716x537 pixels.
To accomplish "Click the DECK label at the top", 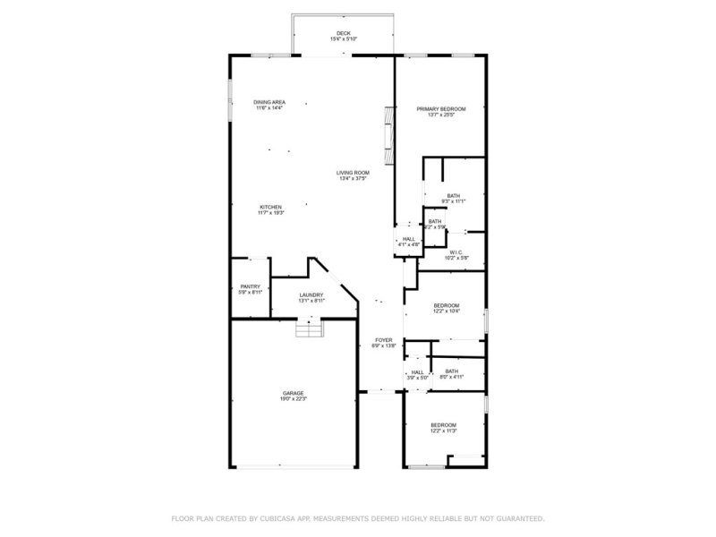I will click(344, 33).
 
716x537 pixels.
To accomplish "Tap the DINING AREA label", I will click(268, 102).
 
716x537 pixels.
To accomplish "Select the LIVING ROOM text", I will click(353, 173).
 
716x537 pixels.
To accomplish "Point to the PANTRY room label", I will click(250, 286).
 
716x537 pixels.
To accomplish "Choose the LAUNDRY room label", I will click(311, 295).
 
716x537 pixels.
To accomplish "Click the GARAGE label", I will click(294, 393).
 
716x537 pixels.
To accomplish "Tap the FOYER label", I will click(384, 340).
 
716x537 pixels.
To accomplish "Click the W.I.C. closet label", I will click(455, 252).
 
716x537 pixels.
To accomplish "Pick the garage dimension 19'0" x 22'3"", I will click(294, 399).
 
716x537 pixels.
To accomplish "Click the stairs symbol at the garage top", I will click(308, 330).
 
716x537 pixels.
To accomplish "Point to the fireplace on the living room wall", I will click(388, 134).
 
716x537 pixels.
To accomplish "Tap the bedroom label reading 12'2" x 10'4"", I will click(446, 311).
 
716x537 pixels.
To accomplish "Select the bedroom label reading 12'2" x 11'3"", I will click(443, 430).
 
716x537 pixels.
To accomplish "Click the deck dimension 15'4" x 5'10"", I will click(344, 39).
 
